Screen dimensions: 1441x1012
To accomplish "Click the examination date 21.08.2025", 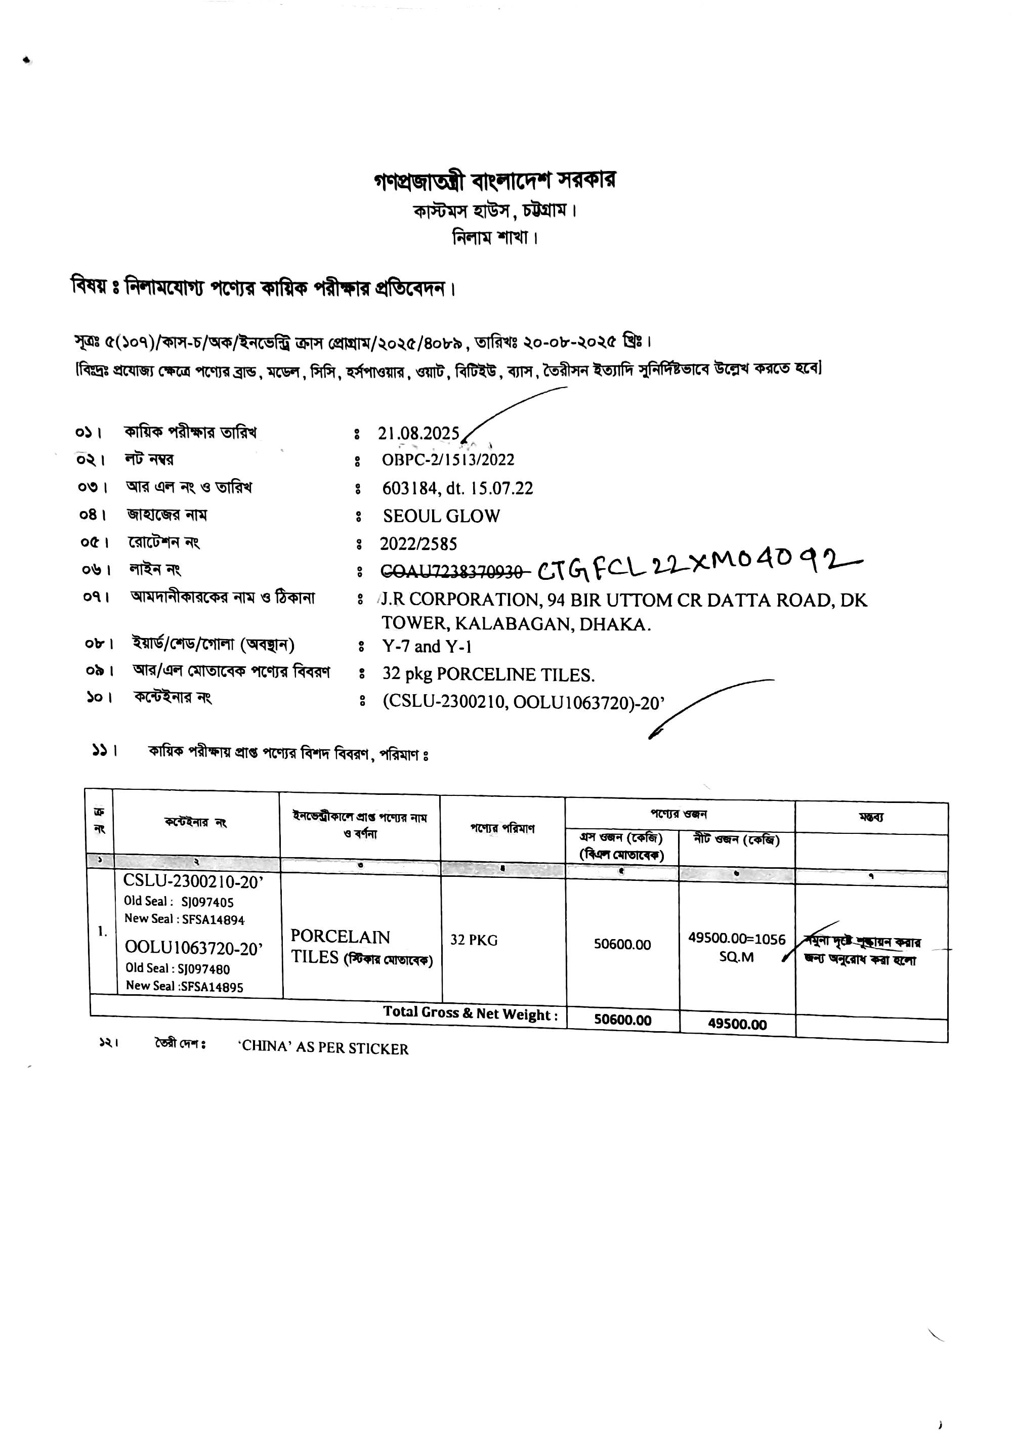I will [419, 434].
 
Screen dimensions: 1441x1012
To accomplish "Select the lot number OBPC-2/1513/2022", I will [448, 460].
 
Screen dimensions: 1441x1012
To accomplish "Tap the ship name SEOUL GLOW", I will [441, 516].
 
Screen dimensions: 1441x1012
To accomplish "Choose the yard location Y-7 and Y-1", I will [427, 647].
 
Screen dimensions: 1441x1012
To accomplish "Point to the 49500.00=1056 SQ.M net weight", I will [736, 948].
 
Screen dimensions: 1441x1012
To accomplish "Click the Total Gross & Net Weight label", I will [470, 1013].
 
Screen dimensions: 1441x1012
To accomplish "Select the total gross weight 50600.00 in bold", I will [622, 1020].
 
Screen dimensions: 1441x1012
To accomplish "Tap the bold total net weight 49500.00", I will [737, 1024].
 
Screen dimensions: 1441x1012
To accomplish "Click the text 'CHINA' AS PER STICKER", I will [323, 1049].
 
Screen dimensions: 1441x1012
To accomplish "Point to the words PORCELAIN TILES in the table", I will [340, 947].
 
